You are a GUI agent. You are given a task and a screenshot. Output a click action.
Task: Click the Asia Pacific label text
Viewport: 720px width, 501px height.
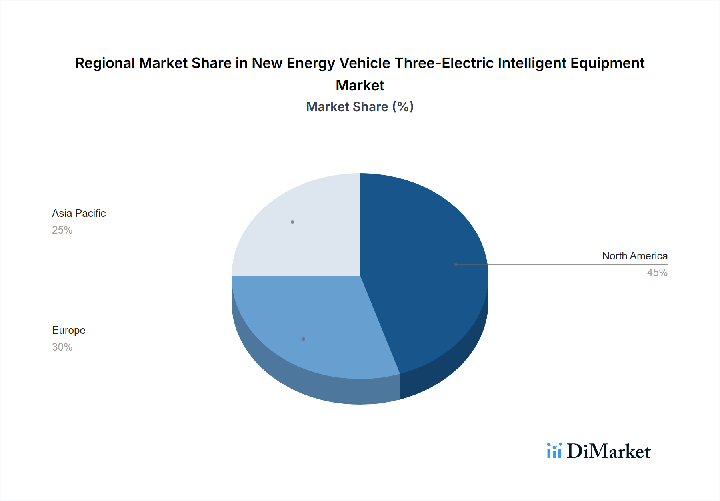point(79,213)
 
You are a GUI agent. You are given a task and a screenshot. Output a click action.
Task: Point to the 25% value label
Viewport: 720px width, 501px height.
point(62,230)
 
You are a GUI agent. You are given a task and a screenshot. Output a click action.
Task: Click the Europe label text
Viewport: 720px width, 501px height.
point(69,330)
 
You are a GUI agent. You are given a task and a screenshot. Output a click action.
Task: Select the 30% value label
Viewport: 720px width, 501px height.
point(62,347)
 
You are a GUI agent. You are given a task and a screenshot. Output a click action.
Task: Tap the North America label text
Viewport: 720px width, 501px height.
point(635,256)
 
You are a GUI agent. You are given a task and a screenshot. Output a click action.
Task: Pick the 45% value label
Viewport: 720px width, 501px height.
point(657,273)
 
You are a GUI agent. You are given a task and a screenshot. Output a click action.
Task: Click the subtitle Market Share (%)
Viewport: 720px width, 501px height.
point(360,107)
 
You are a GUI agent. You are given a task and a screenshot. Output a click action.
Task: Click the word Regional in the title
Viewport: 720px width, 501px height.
point(105,63)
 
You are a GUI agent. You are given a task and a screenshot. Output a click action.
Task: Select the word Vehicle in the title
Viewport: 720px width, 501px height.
point(364,63)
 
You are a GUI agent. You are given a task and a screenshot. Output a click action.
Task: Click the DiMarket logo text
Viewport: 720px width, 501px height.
point(608,451)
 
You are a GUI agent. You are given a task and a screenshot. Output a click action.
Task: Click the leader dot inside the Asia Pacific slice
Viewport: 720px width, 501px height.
point(292,222)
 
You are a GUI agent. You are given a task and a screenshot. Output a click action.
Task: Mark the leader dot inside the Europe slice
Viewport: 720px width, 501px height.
point(304,339)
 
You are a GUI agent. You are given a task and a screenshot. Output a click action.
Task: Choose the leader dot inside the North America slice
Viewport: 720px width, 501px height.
point(456,265)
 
